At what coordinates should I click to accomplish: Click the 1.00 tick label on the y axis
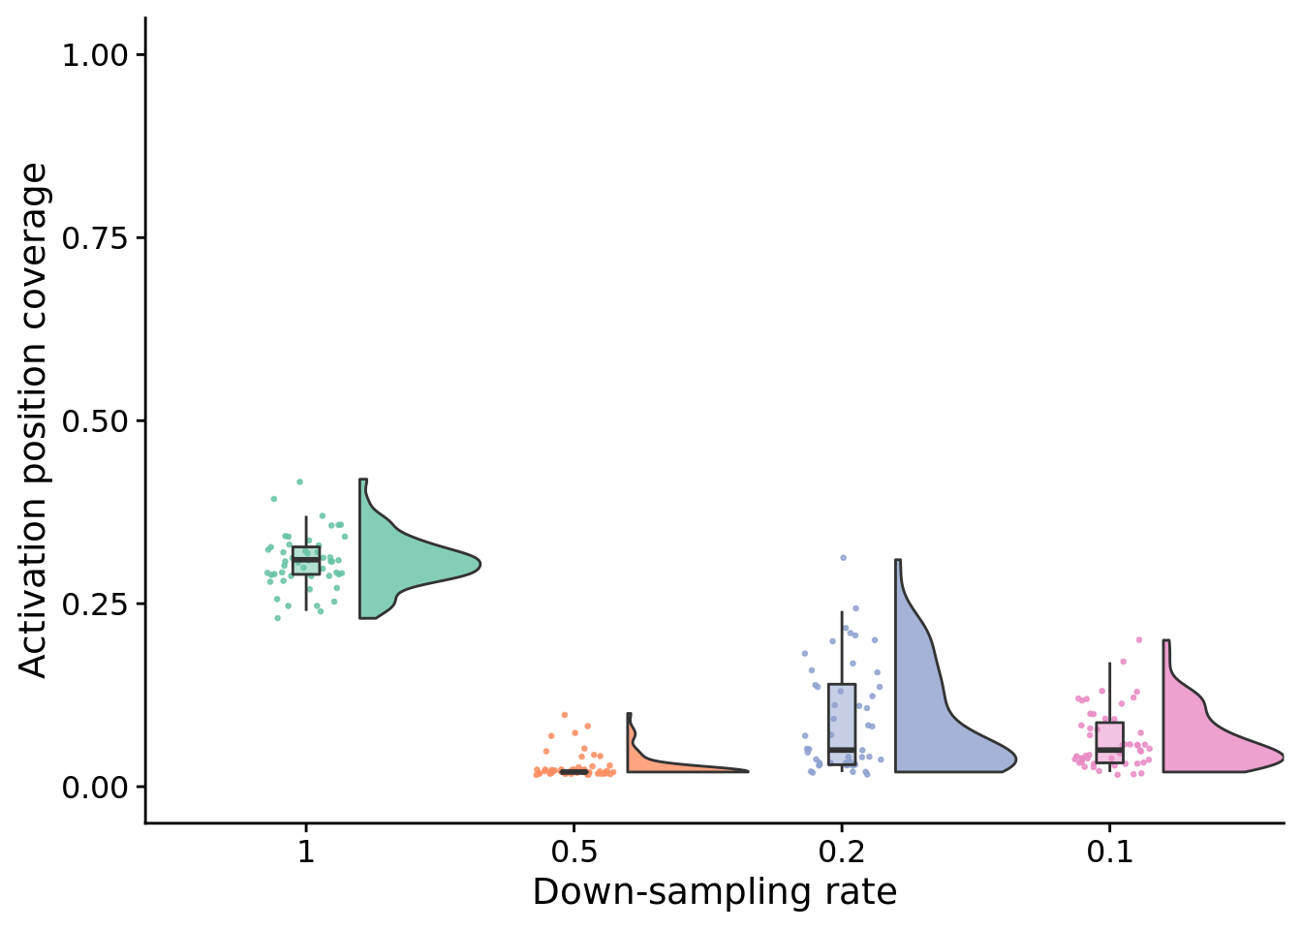95,55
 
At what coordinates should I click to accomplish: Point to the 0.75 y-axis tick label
95,238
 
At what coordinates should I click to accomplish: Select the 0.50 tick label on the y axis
95,421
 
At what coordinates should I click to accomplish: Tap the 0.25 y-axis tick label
95,604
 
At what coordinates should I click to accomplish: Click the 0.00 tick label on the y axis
95,788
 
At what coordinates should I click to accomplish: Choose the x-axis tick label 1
306,852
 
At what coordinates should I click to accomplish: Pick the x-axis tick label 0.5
573,852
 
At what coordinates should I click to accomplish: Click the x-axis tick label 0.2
841,852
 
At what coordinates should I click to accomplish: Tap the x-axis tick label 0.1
1109,852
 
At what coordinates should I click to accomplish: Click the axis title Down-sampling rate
715,892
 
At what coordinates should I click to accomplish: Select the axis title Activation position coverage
34,420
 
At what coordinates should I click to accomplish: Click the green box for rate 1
306,561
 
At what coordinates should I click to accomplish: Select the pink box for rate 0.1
1109,740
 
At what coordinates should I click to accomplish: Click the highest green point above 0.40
299,481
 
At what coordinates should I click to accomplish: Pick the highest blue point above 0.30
843,558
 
